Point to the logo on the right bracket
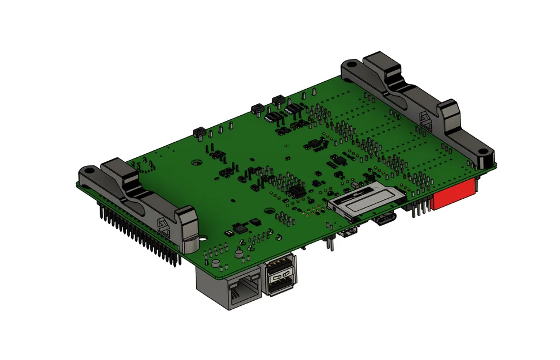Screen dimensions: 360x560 coord(426,119)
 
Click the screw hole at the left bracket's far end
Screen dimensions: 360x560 coord(89,172)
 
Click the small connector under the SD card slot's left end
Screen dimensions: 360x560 coord(349,233)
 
